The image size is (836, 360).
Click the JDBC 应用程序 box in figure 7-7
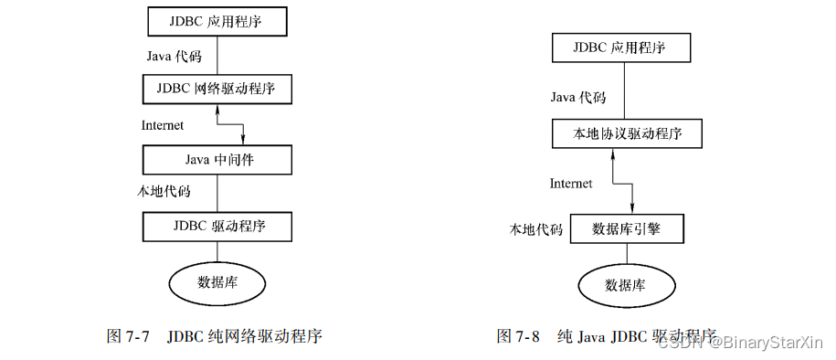217,20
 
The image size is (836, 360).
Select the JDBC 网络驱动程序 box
217,90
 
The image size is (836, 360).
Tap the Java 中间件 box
217,160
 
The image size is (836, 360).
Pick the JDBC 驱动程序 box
217,225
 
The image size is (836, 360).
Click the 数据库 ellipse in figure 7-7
217,280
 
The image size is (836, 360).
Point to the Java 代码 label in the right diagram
577,96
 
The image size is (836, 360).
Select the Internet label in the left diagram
163,125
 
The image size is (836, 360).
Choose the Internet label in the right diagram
571,184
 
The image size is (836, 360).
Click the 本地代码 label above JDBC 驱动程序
163,192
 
